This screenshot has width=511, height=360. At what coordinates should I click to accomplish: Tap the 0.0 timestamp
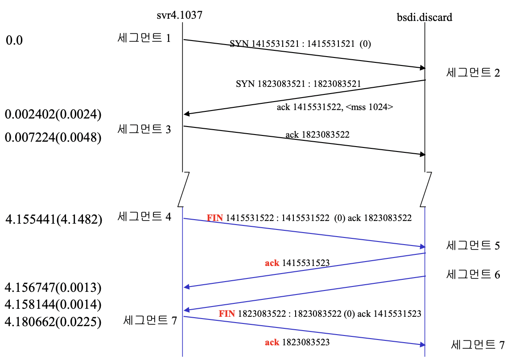[x=14, y=41]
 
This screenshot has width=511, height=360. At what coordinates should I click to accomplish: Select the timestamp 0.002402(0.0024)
[x=53, y=115]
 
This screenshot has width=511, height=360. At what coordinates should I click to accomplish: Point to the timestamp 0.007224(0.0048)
[x=53, y=138]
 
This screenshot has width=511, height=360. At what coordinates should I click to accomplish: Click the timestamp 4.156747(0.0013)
[x=53, y=287]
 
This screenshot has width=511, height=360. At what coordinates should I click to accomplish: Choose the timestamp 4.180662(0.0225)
[x=53, y=321]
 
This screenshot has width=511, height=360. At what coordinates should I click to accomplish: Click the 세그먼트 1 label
[x=144, y=38]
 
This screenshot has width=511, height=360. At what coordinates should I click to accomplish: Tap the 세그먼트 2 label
[x=473, y=73]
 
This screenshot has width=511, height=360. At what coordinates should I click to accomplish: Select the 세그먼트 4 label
[x=144, y=217]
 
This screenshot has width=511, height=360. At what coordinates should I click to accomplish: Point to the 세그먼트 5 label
[x=473, y=245]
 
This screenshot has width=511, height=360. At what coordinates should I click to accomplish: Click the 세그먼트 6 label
[x=473, y=274]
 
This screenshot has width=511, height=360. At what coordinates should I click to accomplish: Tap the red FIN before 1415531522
[x=215, y=218]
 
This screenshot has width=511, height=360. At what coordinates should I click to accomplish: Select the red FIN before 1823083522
[x=227, y=313]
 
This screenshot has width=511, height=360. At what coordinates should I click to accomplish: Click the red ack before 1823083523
[x=272, y=342]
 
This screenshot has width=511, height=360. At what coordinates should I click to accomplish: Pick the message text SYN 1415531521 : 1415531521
[x=292, y=44]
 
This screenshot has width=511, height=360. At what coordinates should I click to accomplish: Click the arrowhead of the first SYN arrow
[x=422, y=68]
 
